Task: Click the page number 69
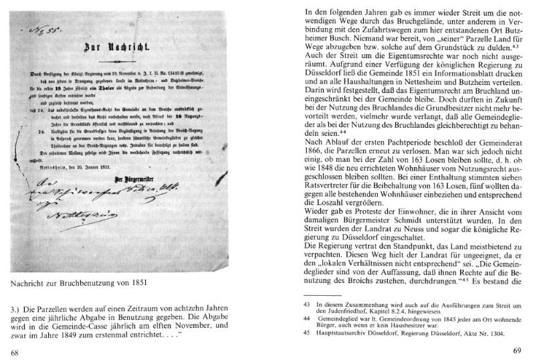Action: [x=516, y=349]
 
